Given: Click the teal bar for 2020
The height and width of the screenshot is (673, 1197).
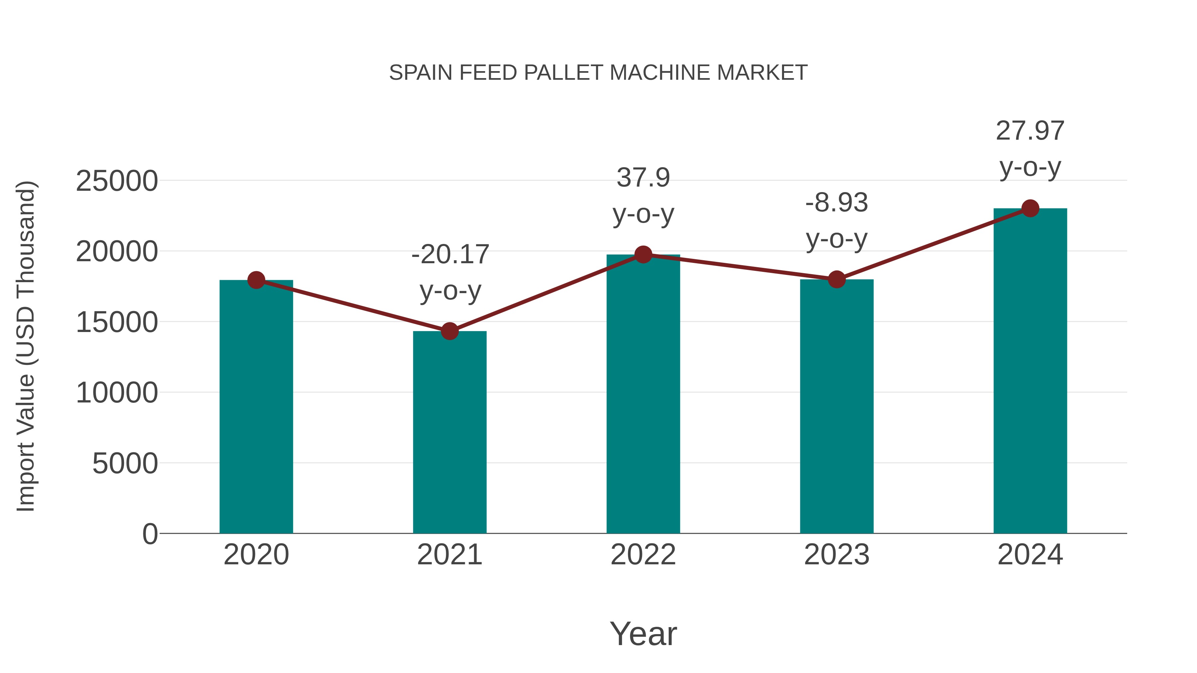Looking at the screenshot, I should [256, 406].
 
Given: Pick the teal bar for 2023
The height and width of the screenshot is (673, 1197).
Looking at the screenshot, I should [837, 406].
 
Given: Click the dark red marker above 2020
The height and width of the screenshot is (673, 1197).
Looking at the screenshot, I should [256, 280].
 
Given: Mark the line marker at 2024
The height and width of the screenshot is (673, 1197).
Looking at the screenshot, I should [1030, 208].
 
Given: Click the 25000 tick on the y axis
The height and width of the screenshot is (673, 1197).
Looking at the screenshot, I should [117, 181].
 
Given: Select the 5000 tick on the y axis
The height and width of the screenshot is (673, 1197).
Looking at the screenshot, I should [125, 464].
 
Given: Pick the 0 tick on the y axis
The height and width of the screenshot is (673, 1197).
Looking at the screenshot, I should [150, 534].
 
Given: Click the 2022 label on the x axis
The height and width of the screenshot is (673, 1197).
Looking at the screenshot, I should [643, 555].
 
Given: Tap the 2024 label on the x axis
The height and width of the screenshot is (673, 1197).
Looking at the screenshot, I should [1030, 555].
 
